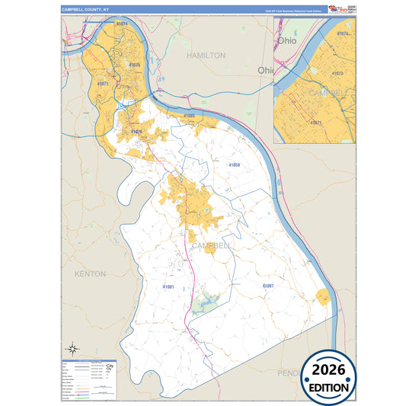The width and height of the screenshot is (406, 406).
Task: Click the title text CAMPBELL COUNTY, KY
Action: tap(85, 10)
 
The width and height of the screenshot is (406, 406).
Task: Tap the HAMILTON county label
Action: tap(206, 56)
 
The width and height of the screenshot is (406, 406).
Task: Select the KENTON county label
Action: tap(90, 273)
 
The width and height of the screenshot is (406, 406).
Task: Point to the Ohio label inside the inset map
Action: tap(286, 40)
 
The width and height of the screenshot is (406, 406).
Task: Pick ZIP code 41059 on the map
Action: tap(234, 165)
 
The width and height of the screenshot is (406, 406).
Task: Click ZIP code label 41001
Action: tap(168, 286)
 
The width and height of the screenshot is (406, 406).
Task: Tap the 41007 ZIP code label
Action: tap(267, 285)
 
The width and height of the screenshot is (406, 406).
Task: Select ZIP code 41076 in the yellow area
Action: tap(136, 132)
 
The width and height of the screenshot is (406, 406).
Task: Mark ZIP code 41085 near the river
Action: tap(190, 116)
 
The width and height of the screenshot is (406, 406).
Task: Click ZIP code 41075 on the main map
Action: tap(134, 66)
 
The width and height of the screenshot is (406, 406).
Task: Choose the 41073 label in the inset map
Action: tap(337, 74)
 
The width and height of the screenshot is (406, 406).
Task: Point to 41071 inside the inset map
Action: tap(316, 122)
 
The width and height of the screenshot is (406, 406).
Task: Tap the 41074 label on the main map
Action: tap(122, 24)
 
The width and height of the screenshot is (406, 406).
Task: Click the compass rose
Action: tap(72, 350)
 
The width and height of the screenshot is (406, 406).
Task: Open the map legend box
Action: tap(89, 379)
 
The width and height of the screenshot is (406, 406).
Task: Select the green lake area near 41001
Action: tap(203, 305)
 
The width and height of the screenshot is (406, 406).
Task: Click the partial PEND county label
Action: tap(289, 373)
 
